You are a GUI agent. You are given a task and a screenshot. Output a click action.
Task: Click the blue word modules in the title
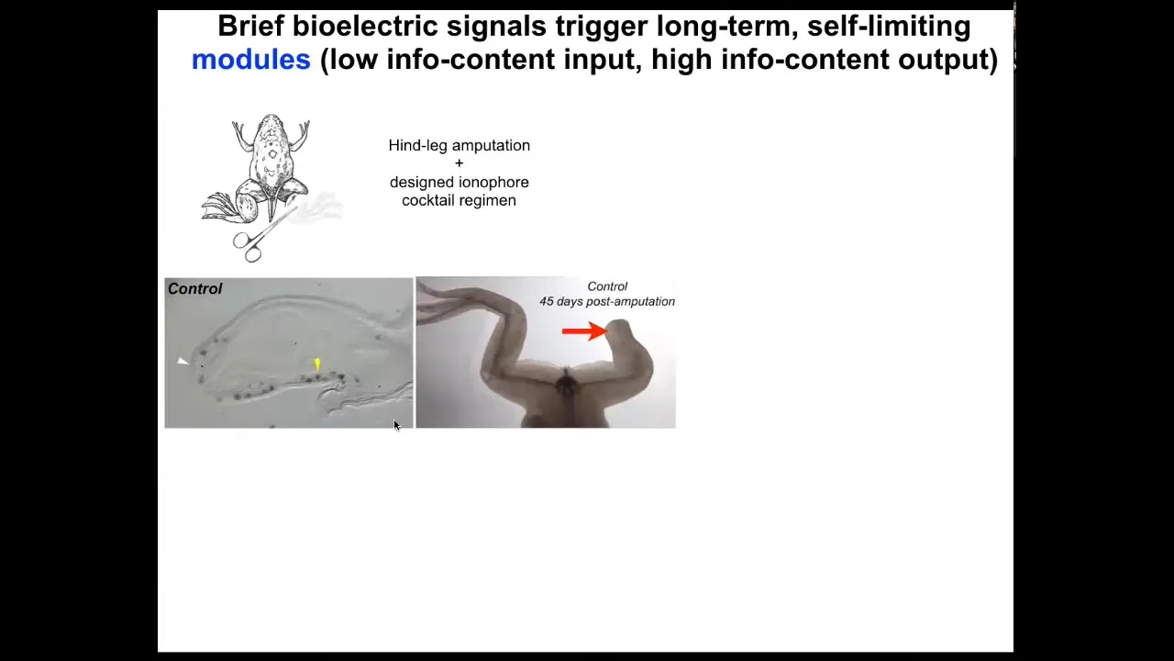251,60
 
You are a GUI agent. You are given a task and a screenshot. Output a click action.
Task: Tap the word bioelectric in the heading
365,27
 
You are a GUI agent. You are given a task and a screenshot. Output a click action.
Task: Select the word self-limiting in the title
889,27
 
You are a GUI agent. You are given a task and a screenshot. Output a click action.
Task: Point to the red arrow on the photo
584,331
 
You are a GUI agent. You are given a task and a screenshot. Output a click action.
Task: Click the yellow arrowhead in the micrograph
317,364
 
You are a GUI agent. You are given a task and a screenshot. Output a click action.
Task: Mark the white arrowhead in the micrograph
183,361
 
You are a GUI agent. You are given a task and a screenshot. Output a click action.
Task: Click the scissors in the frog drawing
261,237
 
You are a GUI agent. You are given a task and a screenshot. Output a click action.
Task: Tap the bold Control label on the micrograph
195,289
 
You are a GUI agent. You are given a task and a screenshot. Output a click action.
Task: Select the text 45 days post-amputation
607,302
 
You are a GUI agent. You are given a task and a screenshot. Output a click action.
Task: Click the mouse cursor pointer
396,425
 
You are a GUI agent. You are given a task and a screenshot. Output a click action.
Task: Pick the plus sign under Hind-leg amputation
460,163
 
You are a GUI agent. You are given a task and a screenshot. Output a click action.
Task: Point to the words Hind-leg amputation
460,145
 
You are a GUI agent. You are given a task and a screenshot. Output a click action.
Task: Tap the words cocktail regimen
460,200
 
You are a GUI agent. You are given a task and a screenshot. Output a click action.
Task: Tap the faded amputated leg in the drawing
317,207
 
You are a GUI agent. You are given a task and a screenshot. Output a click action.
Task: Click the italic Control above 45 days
607,287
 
